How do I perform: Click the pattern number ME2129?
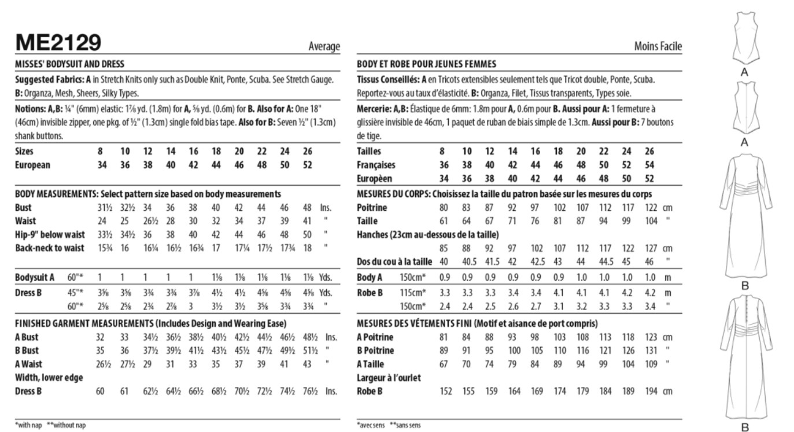[x=58, y=43]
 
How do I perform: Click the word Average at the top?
[x=324, y=47]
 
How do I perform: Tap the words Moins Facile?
[x=658, y=47]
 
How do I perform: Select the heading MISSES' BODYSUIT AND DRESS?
[x=70, y=64]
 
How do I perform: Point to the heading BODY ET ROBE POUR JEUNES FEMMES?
[x=427, y=64]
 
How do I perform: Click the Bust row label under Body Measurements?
[x=23, y=207]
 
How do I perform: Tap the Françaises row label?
[x=376, y=165]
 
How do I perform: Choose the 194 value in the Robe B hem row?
[x=651, y=391]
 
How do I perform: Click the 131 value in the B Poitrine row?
[x=651, y=350]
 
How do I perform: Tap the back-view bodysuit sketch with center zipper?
[x=745, y=107]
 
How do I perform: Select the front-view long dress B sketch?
[x=745, y=217]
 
